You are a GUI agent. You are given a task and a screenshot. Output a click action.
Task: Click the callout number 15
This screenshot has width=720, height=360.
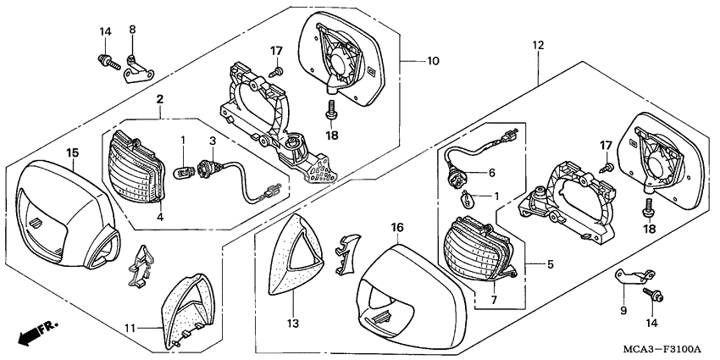click(x=73, y=152)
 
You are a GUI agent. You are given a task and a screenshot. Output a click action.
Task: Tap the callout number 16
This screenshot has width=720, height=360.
click(x=398, y=228)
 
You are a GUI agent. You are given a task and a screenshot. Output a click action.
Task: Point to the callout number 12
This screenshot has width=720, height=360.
click(x=537, y=43)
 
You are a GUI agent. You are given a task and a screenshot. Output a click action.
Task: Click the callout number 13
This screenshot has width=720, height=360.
click(x=293, y=323)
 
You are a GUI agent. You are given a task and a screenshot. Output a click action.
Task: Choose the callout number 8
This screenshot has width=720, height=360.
click(x=132, y=30)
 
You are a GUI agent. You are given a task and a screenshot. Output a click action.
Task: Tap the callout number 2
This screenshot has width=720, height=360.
click(x=159, y=100)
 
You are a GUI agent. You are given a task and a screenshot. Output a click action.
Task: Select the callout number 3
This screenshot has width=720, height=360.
click(x=213, y=140)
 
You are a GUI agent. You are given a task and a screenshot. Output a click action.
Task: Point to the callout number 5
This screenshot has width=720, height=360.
click(x=550, y=264)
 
